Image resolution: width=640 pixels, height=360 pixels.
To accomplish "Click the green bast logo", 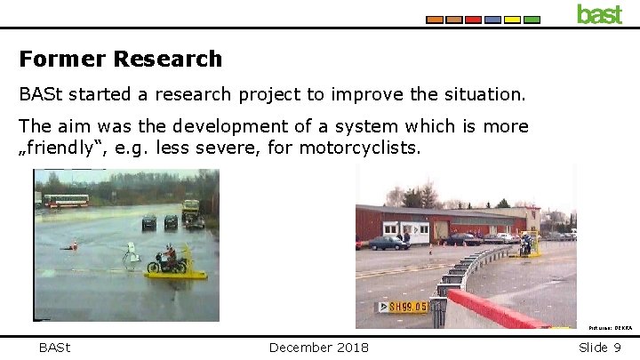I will (599, 13).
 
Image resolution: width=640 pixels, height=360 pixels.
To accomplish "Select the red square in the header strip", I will (473, 20).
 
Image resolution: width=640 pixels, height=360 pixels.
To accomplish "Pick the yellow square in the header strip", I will (512, 20).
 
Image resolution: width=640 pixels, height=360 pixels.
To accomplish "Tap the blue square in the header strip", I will (492, 20).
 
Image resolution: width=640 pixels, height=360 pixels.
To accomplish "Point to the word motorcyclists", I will (359, 147).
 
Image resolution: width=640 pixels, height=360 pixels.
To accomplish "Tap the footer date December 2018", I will (319, 347).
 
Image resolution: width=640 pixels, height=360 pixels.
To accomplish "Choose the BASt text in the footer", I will (54, 347).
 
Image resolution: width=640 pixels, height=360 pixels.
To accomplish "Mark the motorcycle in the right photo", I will (526, 243).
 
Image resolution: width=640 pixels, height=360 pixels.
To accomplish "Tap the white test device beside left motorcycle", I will (132, 255).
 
